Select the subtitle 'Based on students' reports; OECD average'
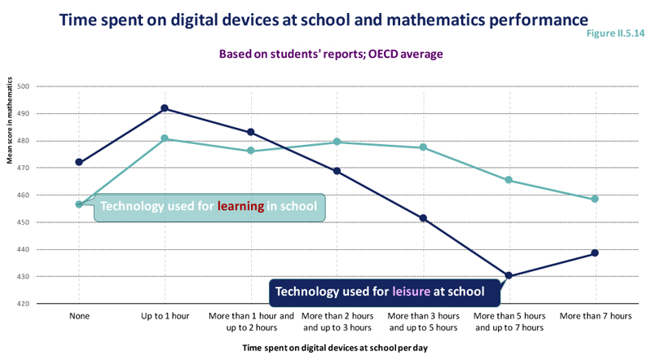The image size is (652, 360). (x=331, y=55)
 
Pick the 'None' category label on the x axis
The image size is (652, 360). (x=79, y=316)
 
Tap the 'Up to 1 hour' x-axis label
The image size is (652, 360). (x=165, y=316)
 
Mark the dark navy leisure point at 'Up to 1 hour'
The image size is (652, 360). (x=165, y=108)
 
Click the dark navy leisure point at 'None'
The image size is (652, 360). (x=79, y=162)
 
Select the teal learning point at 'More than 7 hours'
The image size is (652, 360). (x=595, y=199)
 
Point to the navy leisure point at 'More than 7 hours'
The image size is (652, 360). (x=595, y=252)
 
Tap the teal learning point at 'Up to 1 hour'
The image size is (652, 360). (x=165, y=138)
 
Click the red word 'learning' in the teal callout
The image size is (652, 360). (x=240, y=206)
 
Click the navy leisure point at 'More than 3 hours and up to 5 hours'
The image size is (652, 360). (x=423, y=218)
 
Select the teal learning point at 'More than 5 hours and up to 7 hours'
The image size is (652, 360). (x=509, y=180)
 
